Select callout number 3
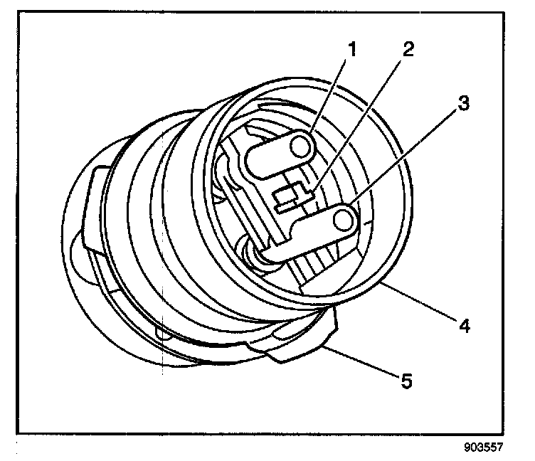point(463,103)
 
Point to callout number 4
point(463,326)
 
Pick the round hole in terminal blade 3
point(345,220)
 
